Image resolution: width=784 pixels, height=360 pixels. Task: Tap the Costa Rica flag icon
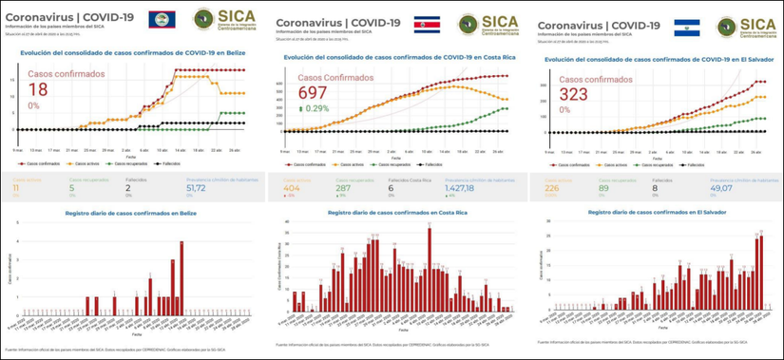tap(432, 22)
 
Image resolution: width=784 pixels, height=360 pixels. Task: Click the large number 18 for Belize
tap(39, 89)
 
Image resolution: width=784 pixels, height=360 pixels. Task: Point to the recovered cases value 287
tap(337, 190)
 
